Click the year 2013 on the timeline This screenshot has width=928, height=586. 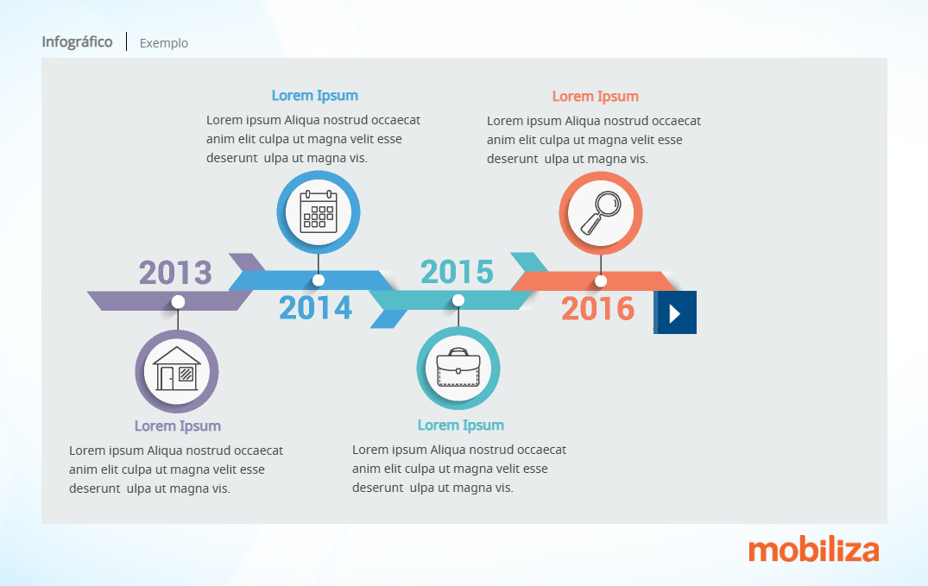(x=175, y=273)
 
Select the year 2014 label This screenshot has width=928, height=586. (x=315, y=308)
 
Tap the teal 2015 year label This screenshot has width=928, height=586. (x=457, y=272)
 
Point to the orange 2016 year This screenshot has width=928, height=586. (x=597, y=309)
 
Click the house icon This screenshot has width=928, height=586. (x=177, y=369)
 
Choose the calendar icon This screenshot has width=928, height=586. (x=319, y=211)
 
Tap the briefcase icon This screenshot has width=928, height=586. (x=458, y=368)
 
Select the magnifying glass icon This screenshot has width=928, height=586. (x=601, y=213)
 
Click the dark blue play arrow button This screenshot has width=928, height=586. (x=675, y=312)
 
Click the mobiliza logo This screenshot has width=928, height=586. (x=814, y=550)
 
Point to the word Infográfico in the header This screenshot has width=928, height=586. (x=77, y=42)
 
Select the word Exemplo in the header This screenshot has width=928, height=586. (x=164, y=43)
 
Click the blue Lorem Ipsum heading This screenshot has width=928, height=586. (x=315, y=96)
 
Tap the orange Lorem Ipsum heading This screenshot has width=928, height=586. (x=596, y=97)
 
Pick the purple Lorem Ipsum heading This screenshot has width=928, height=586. (x=178, y=426)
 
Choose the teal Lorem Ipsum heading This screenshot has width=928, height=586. (x=461, y=425)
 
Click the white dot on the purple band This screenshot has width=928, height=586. (x=178, y=302)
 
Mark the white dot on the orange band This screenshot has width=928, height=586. (x=601, y=281)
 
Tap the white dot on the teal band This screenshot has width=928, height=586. (x=458, y=300)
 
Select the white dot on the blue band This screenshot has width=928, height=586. (x=319, y=280)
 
